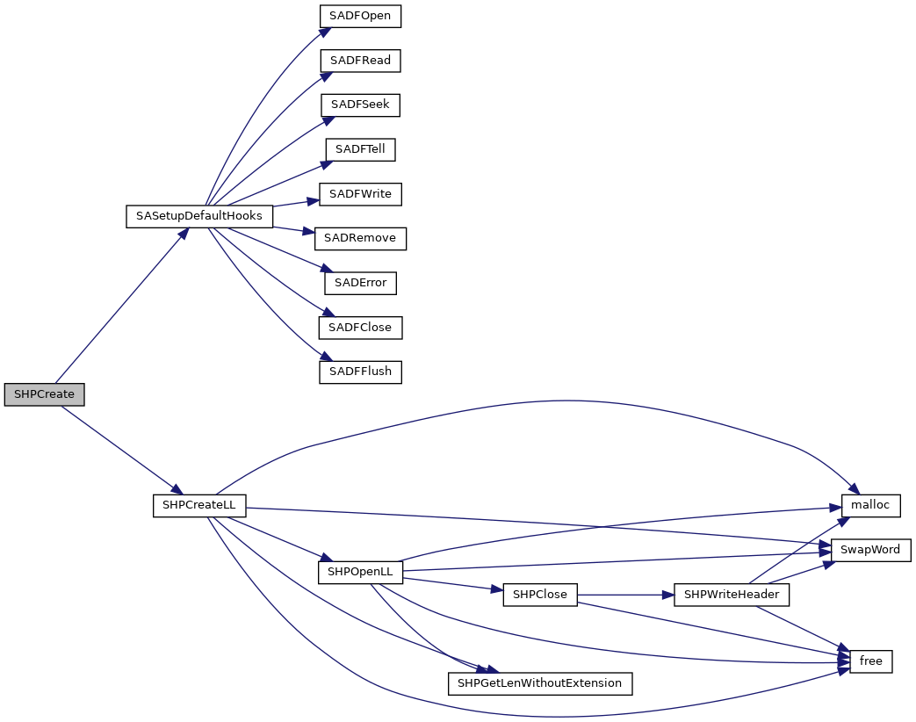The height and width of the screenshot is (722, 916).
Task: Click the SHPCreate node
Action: pos(44,394)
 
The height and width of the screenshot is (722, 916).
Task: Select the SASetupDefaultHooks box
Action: pos(199,216)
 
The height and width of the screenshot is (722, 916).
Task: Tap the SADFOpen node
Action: pos(360,16)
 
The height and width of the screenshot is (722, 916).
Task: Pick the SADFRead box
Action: pos(360,61)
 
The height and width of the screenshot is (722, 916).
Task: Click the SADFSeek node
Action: pos(360,105)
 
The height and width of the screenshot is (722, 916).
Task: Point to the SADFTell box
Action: pos(360,149)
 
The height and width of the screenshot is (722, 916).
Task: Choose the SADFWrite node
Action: pos(360,194)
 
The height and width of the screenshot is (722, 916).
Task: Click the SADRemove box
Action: pos(360,238)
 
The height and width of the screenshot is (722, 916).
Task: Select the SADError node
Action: pos(360,283)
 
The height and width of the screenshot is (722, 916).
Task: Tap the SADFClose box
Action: pos(360,328)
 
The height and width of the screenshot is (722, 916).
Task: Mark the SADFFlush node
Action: pos(360,372)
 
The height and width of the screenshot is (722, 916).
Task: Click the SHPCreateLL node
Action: pos(199,506)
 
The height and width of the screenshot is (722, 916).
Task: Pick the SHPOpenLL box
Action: pos(360,572)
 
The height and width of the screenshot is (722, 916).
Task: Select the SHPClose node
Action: pos(539,595)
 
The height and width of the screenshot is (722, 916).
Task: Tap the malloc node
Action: pos(870,506)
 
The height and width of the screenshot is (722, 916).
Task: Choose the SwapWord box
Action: pos(870,550)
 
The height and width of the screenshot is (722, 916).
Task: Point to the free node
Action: pos(870,661)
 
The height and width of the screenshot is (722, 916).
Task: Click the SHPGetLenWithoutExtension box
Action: pos(540,683)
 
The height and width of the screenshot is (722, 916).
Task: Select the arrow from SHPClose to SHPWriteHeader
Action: pos(624,595)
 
